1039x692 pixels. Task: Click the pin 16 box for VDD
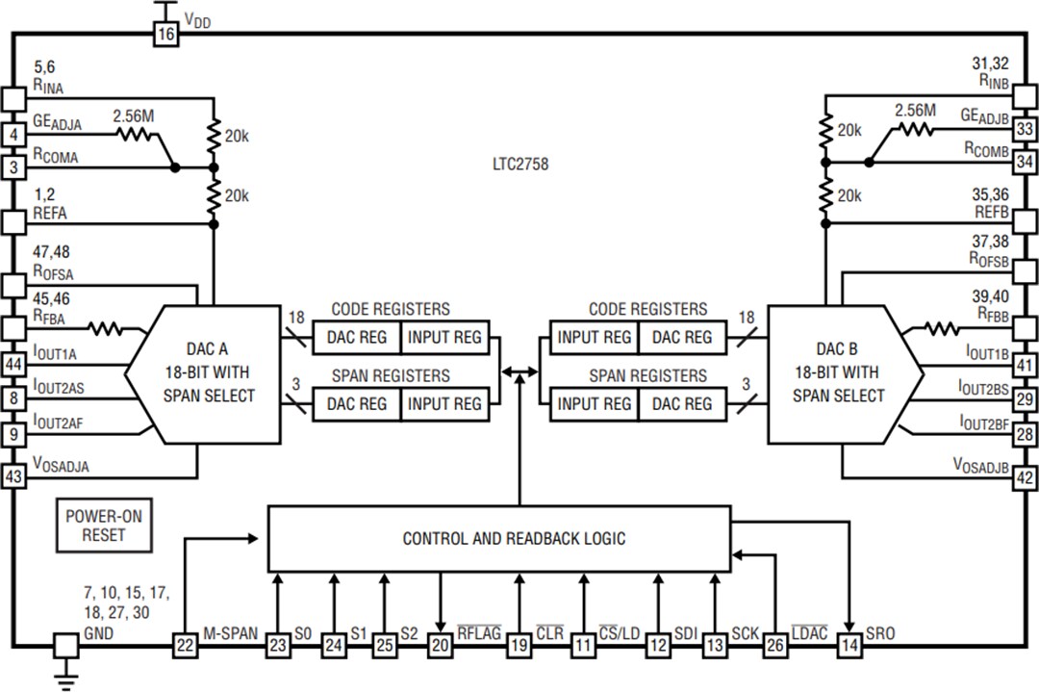165,34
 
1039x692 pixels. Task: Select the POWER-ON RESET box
103,525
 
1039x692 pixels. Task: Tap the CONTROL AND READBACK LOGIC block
513,538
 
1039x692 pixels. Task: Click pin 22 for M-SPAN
184,645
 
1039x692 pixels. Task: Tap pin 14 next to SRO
849,645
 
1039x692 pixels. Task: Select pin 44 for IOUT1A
13,366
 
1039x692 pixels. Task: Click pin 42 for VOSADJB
1025,476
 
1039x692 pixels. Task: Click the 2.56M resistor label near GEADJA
134,116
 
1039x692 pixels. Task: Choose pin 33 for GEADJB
1025,128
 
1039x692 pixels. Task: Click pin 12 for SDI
658,645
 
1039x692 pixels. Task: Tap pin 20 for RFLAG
440,645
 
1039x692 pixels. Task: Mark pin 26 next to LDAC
774,645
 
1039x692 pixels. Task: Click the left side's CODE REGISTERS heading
390,309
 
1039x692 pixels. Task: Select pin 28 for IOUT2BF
1025,434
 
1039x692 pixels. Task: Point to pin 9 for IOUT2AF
13,434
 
